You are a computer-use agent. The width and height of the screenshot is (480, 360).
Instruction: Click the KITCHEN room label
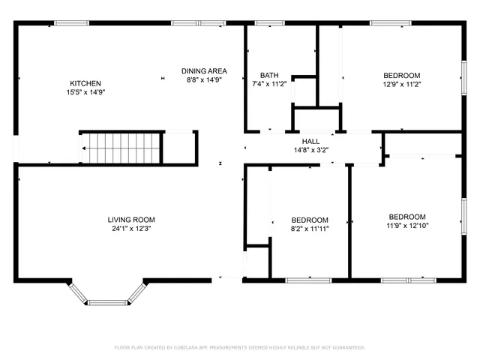[85, 83]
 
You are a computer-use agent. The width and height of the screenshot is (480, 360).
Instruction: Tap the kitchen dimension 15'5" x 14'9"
[85, 92]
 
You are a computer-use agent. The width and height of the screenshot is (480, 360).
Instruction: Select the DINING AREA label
[204, 71]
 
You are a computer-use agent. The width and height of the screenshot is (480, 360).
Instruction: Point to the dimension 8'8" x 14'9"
[204, 80]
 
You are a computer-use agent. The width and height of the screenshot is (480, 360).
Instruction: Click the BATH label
[269, 75]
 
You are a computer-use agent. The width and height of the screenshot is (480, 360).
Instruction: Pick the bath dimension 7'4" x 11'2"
[269, 84]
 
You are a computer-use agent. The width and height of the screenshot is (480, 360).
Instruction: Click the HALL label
[310, 141]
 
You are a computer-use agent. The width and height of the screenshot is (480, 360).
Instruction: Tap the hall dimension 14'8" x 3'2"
[310, 150]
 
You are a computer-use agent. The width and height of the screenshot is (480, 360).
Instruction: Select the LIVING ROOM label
[131, 220]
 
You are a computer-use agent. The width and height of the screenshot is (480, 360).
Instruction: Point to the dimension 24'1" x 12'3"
[131, 229]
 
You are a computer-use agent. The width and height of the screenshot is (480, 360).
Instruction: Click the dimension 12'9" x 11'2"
[402, 84]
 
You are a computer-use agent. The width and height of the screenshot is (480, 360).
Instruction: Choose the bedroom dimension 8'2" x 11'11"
[310, 229]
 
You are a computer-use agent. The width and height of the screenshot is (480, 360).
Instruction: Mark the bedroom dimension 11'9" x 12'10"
[407, 225]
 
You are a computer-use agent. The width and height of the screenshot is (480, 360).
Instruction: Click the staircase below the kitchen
[121, 148]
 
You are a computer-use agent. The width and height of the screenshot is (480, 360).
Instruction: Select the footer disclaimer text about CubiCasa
[239, 347]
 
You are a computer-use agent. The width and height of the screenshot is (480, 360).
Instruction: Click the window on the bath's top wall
[265, 23]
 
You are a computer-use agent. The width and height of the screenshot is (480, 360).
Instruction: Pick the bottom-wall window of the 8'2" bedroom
[309, 280]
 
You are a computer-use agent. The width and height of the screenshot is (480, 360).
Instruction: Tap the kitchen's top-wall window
[72, 23]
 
